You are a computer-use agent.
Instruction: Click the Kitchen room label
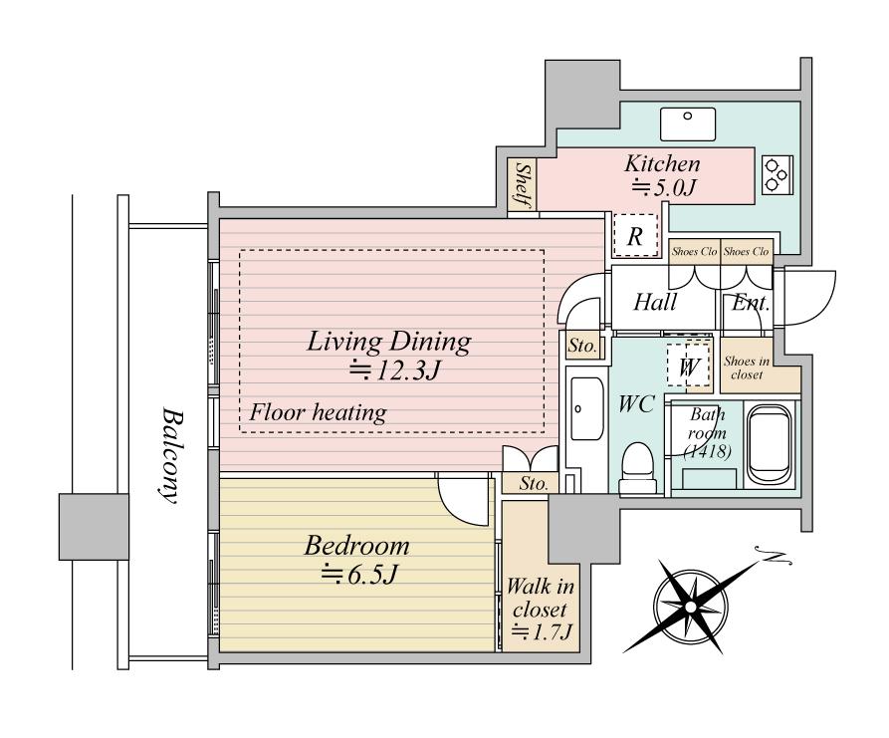662,164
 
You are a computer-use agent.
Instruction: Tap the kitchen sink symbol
688,123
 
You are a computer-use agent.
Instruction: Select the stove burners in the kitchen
776,176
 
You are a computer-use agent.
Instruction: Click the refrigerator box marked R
634,237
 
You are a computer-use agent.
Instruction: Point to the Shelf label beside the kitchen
521,186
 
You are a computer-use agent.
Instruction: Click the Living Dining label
387,343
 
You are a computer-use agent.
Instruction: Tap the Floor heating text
318,412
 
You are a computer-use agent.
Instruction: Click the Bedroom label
356,546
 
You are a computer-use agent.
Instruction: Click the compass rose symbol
691,601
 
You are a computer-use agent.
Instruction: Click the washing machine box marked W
687,366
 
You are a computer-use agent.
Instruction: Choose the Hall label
656,302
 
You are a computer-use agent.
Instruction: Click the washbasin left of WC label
583,408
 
